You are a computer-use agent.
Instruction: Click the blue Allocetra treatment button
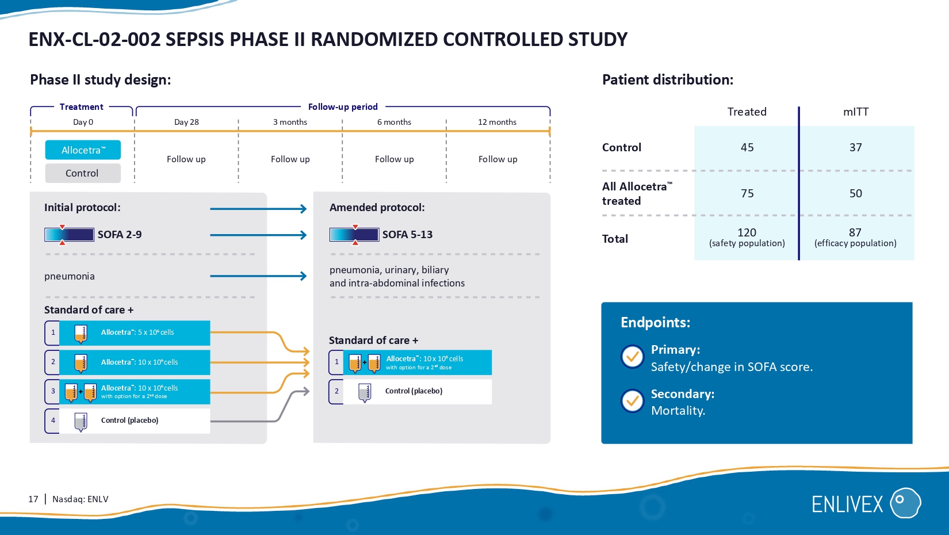tap(83, 150)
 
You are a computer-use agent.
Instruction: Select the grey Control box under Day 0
tap(83, 173)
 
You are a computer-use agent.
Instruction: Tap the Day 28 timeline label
tap(186, 122)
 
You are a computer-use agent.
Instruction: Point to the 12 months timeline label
tap(497, 122)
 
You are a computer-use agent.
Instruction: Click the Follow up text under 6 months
tap(394, 159)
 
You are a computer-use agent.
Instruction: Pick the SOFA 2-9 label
tap(120, 235)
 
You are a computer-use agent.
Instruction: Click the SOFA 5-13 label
tap(407, 235)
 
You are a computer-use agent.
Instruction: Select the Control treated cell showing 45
tap(747, 147)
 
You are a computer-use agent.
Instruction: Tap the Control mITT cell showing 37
tap(855, 147)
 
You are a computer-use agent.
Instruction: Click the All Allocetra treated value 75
tap(747, 193)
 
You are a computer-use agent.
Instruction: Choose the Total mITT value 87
tap(855, 232)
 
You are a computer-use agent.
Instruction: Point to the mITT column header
tap(855, 112)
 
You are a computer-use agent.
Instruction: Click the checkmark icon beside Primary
tap(632, 357)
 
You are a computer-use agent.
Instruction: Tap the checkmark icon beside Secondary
tap(632, 401)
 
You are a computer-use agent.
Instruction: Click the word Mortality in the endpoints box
tap(678, 411)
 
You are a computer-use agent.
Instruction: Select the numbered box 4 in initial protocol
tap(53, 421)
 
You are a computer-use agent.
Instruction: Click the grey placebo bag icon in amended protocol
tap(364, 392)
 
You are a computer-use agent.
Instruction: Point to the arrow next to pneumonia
tap(258, 276)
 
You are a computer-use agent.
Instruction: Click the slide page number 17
tap(33, 499)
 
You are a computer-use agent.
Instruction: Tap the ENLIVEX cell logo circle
tap(905, 503)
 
